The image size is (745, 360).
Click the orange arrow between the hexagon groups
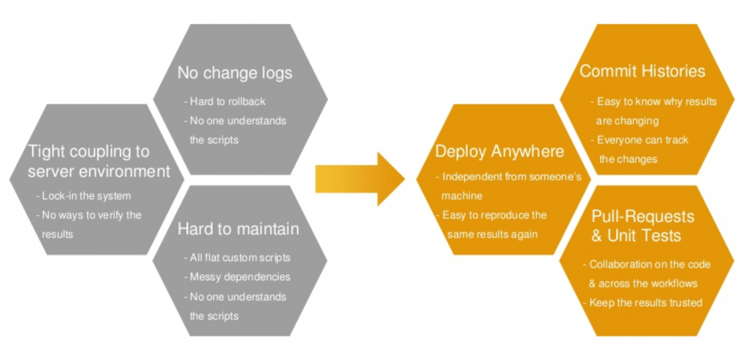click(x=360, y=179)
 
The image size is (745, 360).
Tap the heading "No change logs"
click(x=235, y=73)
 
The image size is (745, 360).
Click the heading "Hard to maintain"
click(x=239, y=229)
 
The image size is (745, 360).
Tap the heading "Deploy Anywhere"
click(x=500, y=151)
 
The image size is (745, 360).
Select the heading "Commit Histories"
click(x=642, y=71)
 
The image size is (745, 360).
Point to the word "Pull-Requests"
click(x=643, y=217)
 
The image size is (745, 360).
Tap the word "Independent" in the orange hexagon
click(x=471, y=177)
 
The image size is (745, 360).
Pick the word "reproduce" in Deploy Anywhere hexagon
click(x=503, y=215)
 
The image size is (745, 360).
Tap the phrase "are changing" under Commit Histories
click(x=627, y=121)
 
